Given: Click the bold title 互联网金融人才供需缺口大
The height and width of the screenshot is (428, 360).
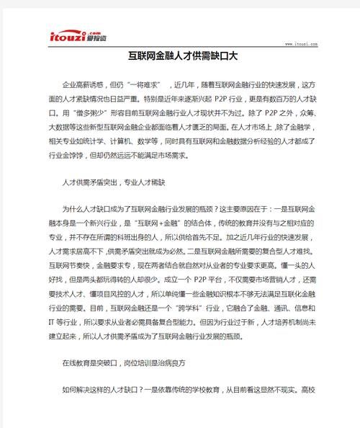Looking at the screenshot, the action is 179,55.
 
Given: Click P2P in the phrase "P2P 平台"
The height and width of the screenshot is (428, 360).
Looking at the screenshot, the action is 197,277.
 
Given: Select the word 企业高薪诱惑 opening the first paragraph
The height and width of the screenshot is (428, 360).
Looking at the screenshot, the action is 86,84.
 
